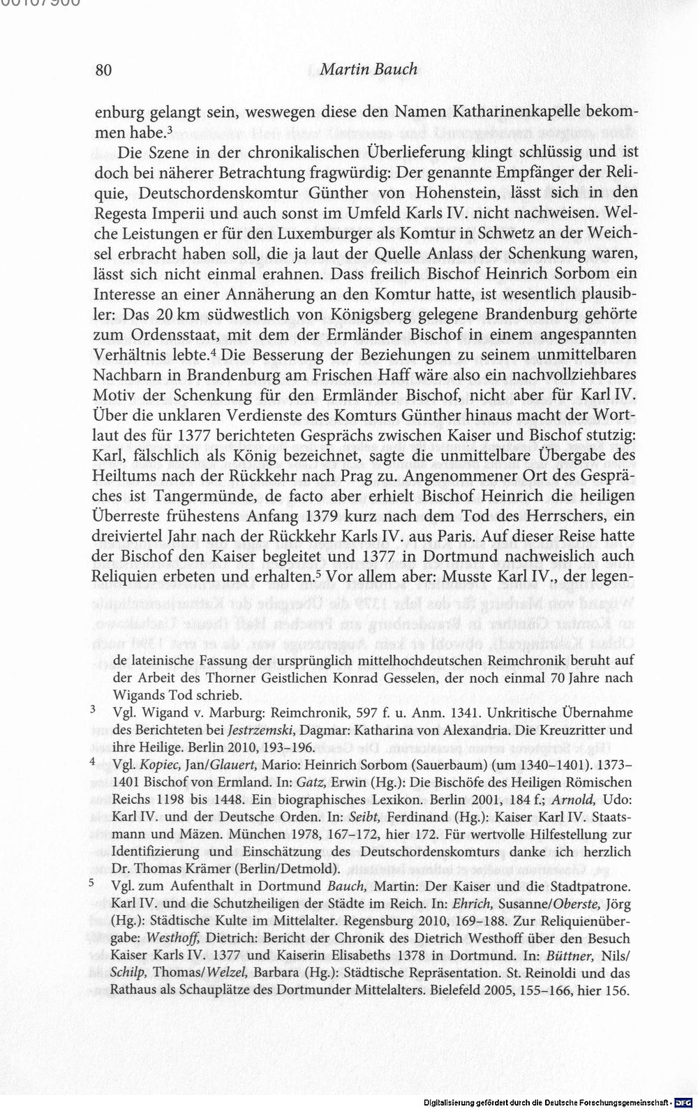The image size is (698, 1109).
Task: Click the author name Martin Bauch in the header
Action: click(x=369, y=70)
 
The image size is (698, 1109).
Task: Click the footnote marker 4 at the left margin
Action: click(x=93, y=764)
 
